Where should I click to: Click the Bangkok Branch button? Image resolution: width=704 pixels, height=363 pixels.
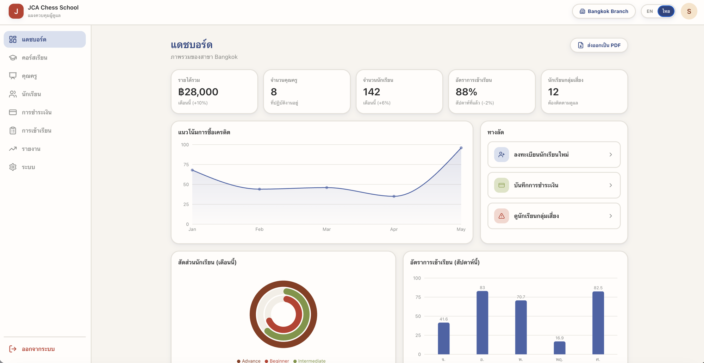click(x=604, y=11)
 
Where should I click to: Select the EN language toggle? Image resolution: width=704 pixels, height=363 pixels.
click(x=650, y=11)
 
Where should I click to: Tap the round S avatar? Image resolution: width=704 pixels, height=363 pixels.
click(x=689, y=11)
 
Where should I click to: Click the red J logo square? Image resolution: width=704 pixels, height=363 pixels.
click(x=16, y=11)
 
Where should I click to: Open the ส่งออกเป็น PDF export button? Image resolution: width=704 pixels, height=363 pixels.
click(x=599, y=45)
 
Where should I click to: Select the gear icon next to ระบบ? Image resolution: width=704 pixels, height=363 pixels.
click(x=13, y=167)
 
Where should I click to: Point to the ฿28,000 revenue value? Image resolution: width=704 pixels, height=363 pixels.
click(x=198, y=92)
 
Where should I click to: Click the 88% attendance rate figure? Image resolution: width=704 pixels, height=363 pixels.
click(x=466, y=92)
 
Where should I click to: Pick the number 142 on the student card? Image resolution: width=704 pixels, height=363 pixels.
click(x=372, y=92)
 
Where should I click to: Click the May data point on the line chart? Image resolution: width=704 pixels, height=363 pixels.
click(x=461, y=148)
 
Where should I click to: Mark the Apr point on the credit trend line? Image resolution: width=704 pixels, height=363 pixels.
click(x=394, y=196)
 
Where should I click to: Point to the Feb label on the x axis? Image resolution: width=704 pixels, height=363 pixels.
click(x=259, y=229)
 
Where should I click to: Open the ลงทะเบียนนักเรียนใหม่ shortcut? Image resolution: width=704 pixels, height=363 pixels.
click(x=554, y=155)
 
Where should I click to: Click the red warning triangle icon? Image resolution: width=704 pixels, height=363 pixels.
click(x=501, y=216)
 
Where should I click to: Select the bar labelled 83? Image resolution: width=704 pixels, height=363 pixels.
click(x=482, y=323)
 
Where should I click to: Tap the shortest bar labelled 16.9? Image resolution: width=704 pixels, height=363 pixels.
click(x=559, y=348)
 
